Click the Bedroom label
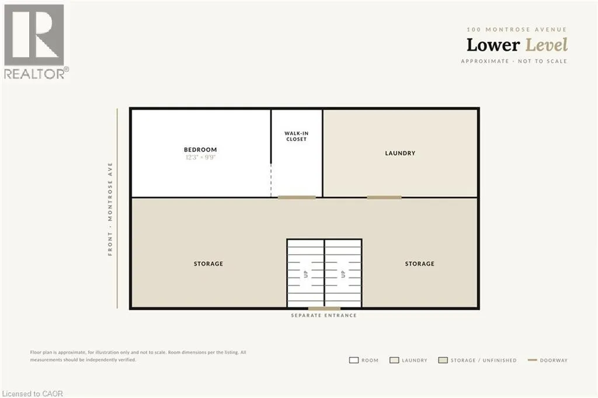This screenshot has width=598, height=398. click(200, 150)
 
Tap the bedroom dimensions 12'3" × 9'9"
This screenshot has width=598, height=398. click(201, 157)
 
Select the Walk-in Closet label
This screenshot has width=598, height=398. click(296, 136)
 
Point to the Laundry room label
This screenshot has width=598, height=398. click(400, 153)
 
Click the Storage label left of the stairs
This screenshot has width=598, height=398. click(208, 264)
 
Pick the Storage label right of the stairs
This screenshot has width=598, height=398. click(419, 264)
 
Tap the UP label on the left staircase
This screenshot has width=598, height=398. click(305, 274)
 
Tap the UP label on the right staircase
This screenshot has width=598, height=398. click(343, 274)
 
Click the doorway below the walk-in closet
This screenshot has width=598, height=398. click(297, 198)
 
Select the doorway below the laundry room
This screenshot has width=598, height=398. click(384, 198)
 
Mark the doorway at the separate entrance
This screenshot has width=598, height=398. click(324, 309)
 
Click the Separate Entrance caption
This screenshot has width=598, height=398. click(324, 316)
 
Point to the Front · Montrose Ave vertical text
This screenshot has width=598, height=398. click(110, 209)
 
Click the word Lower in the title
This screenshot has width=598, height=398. click(493, 45)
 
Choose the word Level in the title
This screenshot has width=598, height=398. click(547, 45)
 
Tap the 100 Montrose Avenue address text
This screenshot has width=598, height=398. click(517, 29)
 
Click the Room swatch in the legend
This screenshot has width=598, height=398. click(354, 360)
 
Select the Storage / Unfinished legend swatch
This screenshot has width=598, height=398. click(443, 360)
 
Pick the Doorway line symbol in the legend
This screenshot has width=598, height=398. click(533, 360)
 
